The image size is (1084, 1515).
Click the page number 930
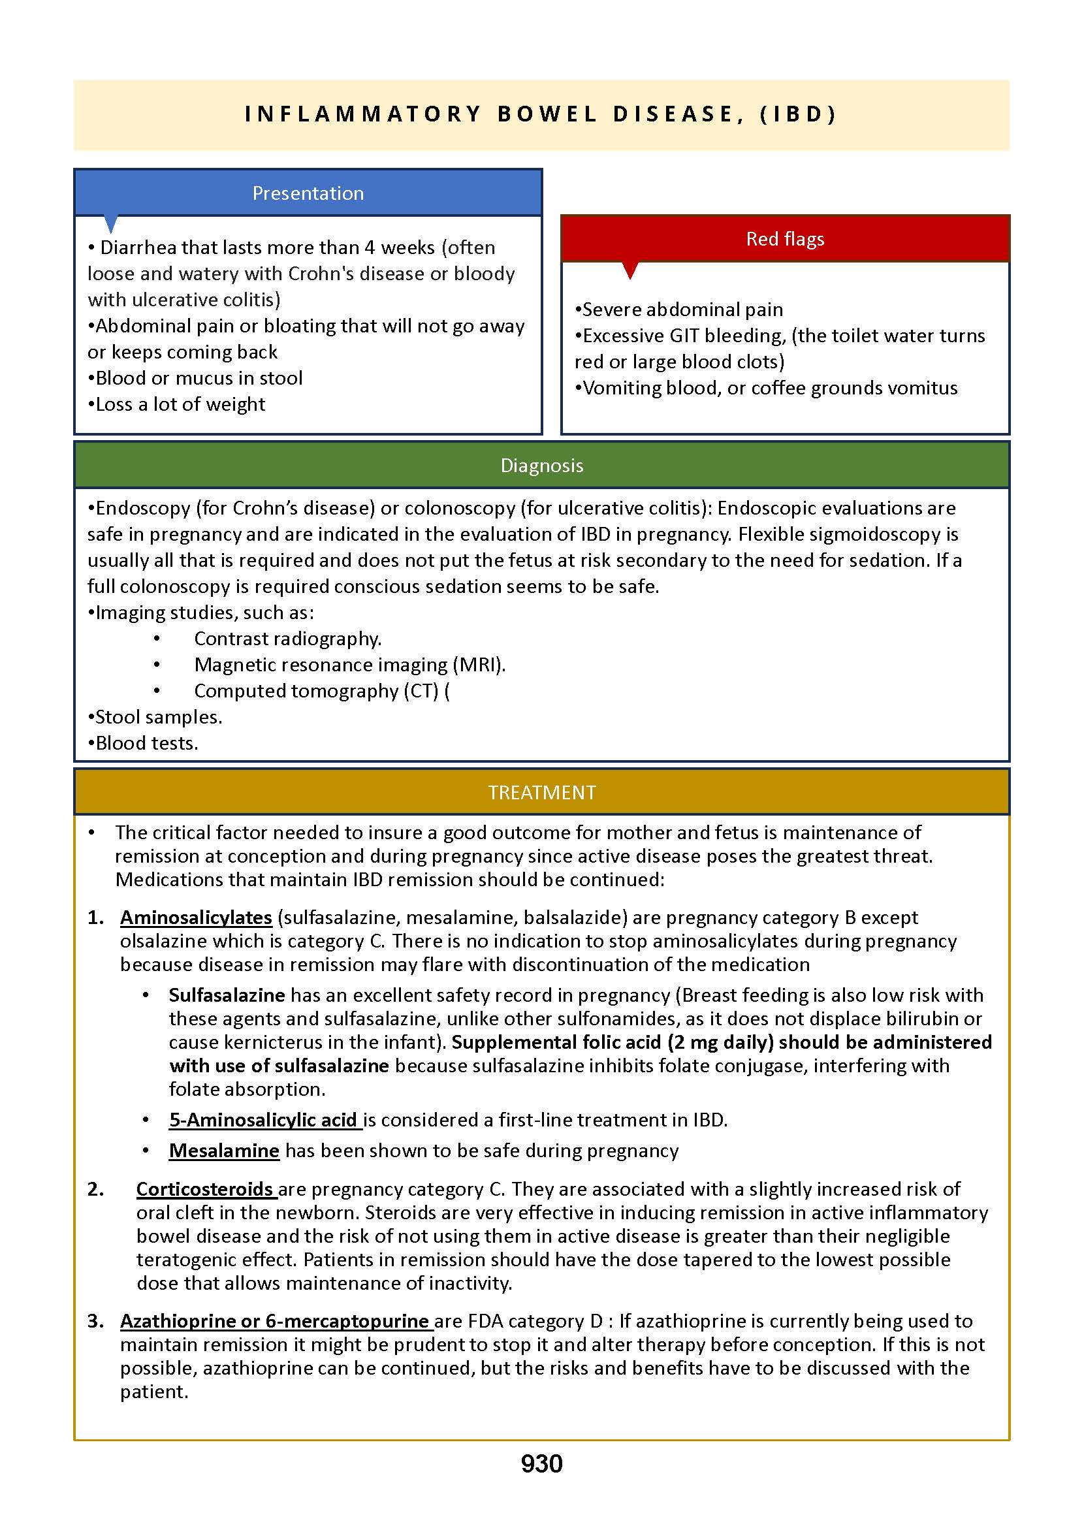(541, 1463)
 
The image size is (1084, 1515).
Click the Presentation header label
(308, 193)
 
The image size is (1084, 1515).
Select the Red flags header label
(785, 239)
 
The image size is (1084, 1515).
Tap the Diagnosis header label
(541, 465)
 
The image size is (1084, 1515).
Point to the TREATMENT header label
(541, 792)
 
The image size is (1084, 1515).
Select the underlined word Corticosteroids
(205, 1189)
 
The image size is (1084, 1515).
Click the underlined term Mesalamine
(224, 1151)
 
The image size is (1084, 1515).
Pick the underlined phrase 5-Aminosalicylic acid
(264, 1120)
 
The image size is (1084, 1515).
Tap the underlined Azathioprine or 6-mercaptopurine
(275, 1321)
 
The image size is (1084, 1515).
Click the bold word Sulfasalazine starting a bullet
(227, 995)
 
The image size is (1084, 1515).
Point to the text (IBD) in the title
(799, 114)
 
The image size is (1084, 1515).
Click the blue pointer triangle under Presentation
(112, 223)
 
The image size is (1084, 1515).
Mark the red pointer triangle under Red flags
(630, 269)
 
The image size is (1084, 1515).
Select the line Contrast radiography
(288, 639)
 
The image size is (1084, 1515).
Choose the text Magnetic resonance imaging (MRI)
(350, 665)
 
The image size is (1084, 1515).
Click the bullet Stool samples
(158, 717)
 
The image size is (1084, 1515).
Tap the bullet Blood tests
(146, 743)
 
